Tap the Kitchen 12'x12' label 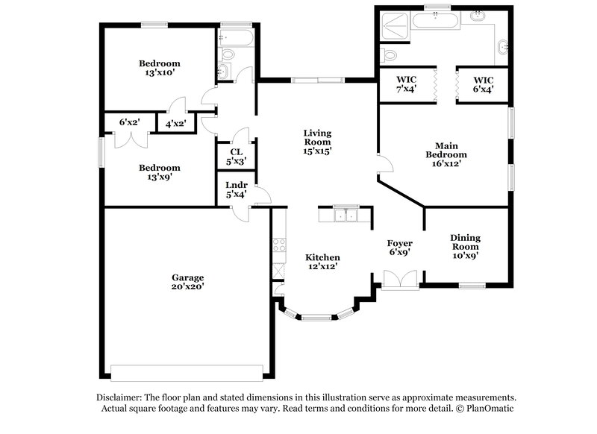click(324, 262)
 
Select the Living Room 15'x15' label click(317, 142)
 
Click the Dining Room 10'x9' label click(465, 247)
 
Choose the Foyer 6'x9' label click(399, 248)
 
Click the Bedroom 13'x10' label click(159, 69)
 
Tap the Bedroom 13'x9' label click(159, 173)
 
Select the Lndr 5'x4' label click(236, 190)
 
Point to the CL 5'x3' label click(236, 156)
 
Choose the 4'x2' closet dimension click(175, 122)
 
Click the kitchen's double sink click(345, 216)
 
